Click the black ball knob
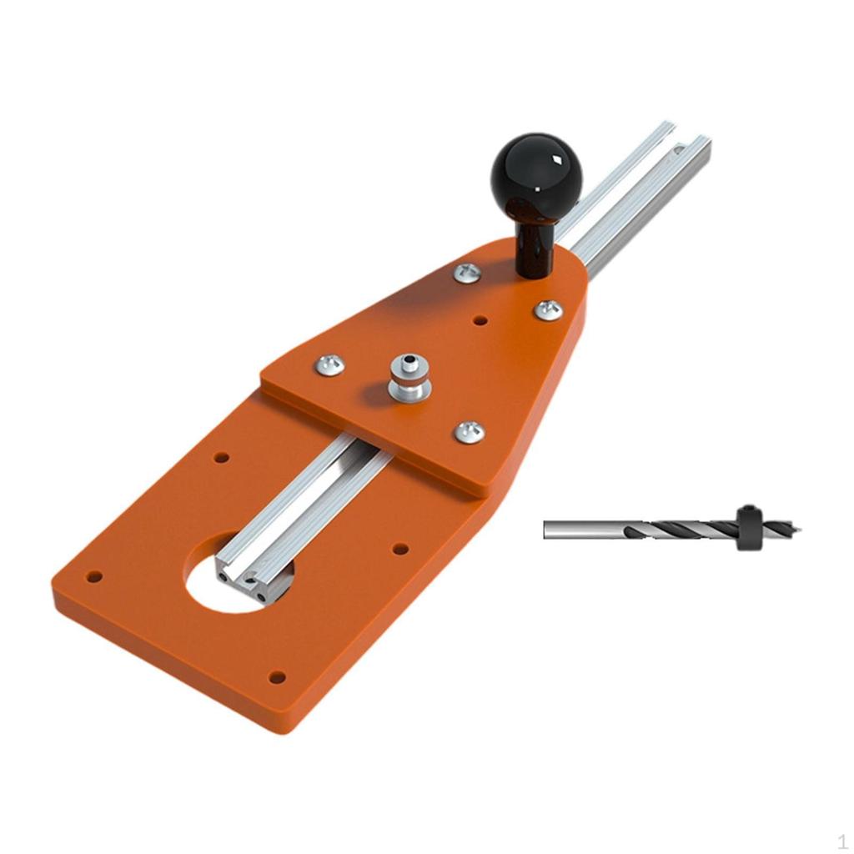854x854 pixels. (535, 176)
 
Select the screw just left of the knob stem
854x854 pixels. (467, 273)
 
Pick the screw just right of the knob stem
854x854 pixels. (548, 310)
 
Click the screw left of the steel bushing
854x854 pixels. (329, 364)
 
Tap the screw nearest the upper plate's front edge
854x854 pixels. (470, 431)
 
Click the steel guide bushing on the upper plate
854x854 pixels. (409, 377)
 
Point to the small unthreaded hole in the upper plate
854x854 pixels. (480, 320)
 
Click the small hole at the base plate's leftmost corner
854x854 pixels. (94, 576)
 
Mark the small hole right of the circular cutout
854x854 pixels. (400, 549)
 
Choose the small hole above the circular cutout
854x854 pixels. (221, 458)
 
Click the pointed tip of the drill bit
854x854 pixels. (798, 528)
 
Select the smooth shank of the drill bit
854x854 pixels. (584, 530)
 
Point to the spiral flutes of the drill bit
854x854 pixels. (684, 530)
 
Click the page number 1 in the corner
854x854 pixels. (842, 841)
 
